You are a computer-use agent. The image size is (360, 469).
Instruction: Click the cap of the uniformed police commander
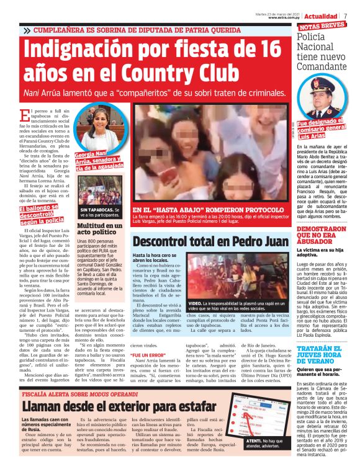coord(325,86)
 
